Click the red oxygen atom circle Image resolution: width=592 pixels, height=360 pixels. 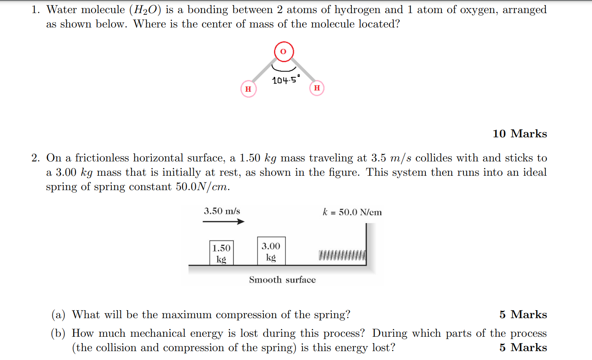(x=283, y=52)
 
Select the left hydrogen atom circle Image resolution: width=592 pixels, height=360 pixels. (x=248, y=89)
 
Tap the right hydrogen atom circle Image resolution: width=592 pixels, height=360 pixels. (x=317, y=88)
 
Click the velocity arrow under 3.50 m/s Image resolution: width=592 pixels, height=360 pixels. (x=224, y=222)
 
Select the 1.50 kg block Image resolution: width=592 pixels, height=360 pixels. (x=221, y=253)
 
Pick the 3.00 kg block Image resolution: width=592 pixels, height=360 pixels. (x=271, y=251)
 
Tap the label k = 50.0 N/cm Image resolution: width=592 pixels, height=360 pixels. (x=352, y=212)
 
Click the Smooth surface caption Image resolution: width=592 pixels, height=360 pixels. (x=282, y=280)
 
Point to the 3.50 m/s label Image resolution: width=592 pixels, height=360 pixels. (x=222, y=211)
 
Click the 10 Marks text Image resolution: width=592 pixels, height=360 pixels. (x=520, y=134)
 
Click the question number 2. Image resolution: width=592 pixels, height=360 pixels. (x=36, y=158)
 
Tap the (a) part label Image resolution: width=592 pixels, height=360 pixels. (x=58, y=315)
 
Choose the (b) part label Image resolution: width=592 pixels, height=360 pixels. (x=58, y=333)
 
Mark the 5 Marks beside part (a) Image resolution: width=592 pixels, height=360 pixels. (x=523, y=315)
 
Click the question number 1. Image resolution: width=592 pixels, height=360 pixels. (x=36, y=10)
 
